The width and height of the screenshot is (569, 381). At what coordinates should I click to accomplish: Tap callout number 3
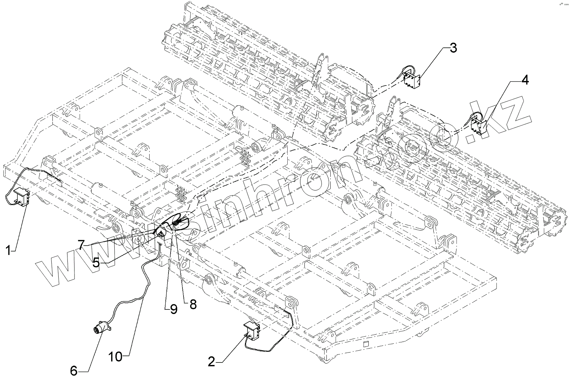(x=453, y=48)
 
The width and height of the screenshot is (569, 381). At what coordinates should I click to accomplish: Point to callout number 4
(x=524, y=80)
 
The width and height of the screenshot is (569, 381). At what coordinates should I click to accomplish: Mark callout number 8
(x=193, y=304)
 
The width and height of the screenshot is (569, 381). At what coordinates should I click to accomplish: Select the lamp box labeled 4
(x=477, y=126)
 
